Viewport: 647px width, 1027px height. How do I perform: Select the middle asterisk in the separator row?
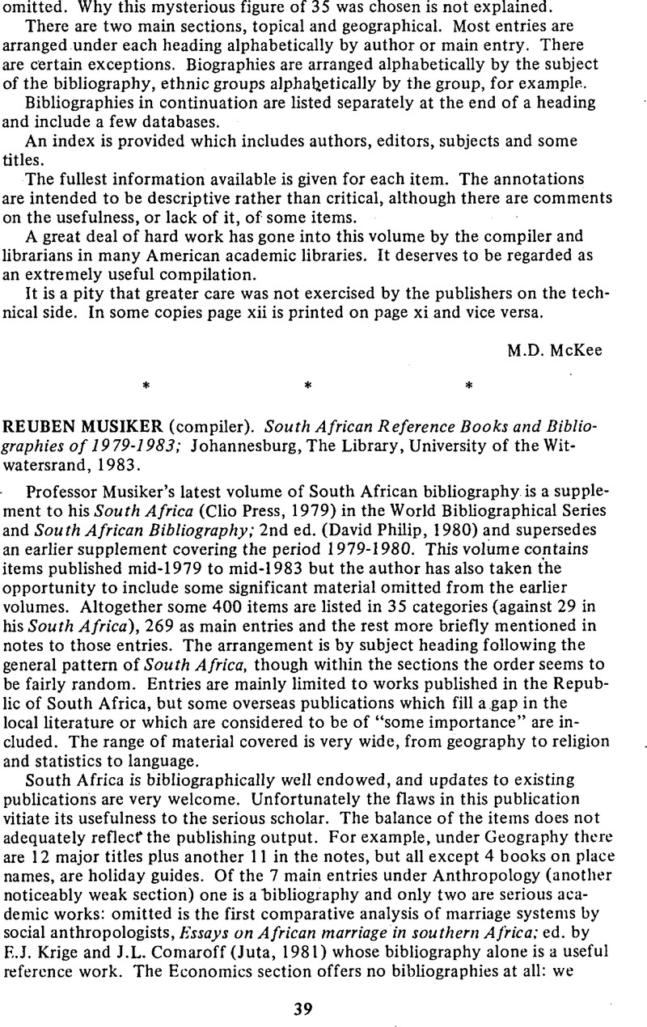point(307,387)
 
